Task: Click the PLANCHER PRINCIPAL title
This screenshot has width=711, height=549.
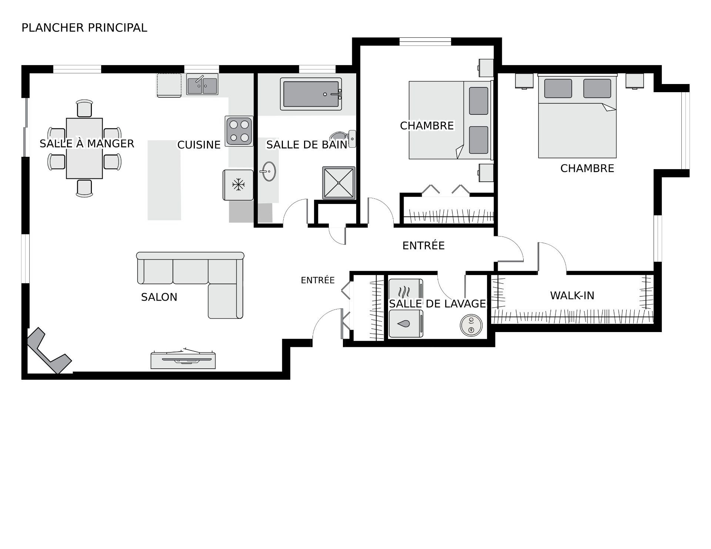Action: point(84,28)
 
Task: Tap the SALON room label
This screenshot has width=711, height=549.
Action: point(159,297)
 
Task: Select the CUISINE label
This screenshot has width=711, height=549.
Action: point(199,145)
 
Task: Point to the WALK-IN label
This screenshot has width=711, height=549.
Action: point(572,295)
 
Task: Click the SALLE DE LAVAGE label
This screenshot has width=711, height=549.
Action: point(437,304)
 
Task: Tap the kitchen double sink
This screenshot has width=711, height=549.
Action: point(202,84)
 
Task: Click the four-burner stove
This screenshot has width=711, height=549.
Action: point(239,131)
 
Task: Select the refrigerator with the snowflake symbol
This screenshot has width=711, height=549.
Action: point(238,185)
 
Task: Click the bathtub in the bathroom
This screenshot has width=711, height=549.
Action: point(311,94)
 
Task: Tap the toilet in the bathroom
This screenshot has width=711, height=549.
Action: point(344,139)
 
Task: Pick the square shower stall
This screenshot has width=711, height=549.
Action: point(339,183)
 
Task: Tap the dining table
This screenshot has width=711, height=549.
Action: point(84,148)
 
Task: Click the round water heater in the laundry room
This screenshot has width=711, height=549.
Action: point(471,325)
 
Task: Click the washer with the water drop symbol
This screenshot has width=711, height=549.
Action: point(406,324)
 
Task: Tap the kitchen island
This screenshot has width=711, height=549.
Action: point(164,180)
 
